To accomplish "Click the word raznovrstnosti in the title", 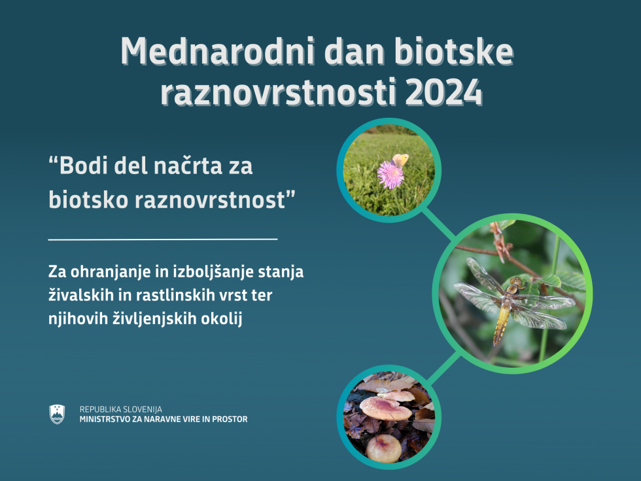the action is [x=279, y=92].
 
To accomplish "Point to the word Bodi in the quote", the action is [x=84, y=166].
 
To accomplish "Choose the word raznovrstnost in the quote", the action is [x=210, y=200].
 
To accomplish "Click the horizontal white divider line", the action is [x=163, y=238].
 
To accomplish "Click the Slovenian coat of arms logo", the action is [x=57, y=414].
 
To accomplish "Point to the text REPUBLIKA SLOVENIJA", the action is [x=120, y=409].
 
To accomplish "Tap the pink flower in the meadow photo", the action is [x=390, y=175].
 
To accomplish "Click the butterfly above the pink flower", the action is [x=400, y=160].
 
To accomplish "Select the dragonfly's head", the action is [x=516, y=282].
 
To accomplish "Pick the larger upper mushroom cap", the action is [x=385, y=408].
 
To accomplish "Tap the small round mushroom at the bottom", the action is [x=384, y=448].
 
